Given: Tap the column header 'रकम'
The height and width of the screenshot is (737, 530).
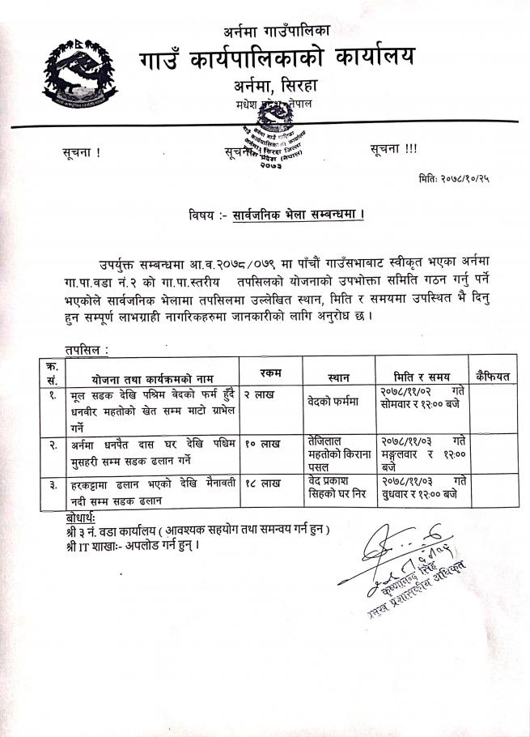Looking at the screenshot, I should (x=270, y=371).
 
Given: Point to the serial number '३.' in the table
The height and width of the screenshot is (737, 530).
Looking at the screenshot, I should (x=52, y=484).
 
